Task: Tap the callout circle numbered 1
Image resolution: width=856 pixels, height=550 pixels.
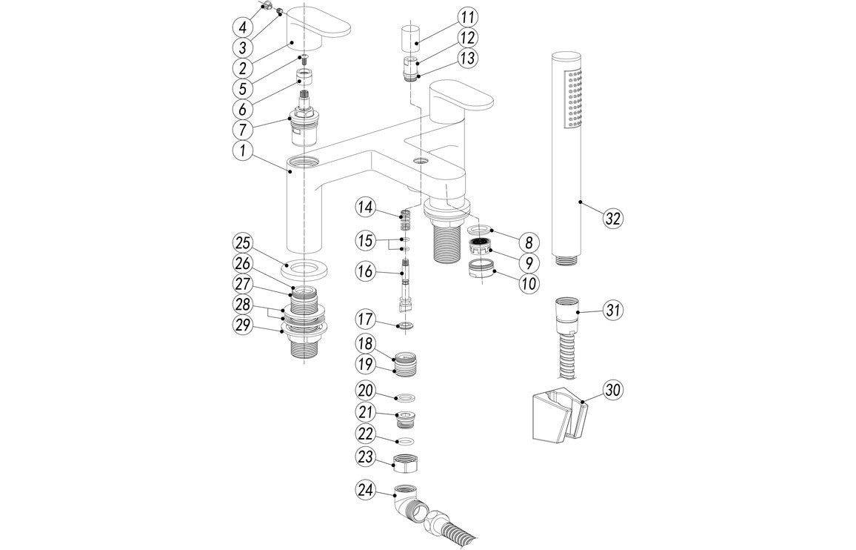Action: pos(242,151)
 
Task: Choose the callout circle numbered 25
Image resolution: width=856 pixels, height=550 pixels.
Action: pos(243,242)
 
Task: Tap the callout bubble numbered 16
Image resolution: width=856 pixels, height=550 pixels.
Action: pos(366,272)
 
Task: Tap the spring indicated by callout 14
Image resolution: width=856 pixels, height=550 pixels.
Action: pos(405,219)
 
